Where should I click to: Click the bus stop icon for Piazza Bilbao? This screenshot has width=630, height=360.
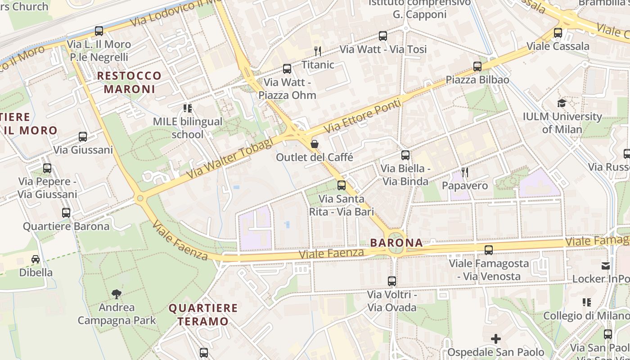click(x=477, y=67)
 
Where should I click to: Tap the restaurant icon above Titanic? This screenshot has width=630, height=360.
click(x=318, y=51)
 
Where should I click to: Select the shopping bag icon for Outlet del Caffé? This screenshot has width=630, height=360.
click(x=315, y=144)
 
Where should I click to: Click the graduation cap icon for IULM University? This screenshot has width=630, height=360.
click(x=562, y=103)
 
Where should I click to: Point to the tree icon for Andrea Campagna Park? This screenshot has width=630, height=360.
click(x=117, y=294)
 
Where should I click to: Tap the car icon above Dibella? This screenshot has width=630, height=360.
click(x=36, y=259)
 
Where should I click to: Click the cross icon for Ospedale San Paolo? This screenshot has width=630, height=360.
click(x=495, y=339)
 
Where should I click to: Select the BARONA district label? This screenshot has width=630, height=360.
click(x=396, y=243)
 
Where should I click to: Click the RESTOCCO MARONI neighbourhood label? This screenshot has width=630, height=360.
click(x=129, y=82)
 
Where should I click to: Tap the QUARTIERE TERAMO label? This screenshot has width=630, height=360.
click(x=203, y=315)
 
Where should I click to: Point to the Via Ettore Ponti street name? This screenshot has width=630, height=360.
click(x=362, y=116)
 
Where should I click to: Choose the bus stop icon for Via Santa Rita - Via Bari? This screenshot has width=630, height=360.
click(x=342, y=185)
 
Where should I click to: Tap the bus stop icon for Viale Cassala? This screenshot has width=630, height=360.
click(x=558, y=33)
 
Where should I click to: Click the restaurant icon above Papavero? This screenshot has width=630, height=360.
click(x=465, y=172)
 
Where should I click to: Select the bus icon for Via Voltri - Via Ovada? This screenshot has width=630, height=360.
click(x=392, y=281)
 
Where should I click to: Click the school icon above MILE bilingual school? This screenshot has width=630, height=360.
click(x=188, y=108)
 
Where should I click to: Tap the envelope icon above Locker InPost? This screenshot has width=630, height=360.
click(x=606, y=265)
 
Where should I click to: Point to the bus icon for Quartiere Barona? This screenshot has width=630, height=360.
click(x=66, y=213)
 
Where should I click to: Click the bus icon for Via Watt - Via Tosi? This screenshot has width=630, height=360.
click(x=383, y=36)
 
